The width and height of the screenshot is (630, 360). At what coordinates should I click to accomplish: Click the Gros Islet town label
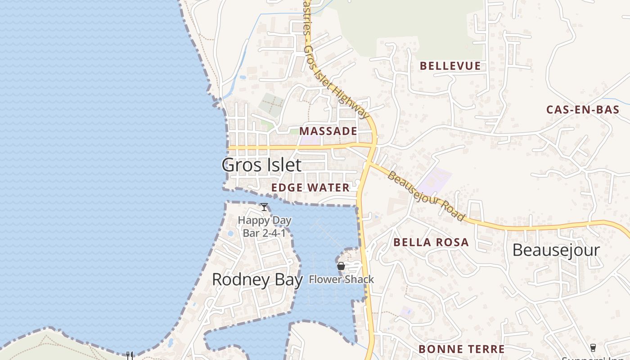pos(261,165)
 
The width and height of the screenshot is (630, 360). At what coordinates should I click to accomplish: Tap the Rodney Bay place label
pos(257,279)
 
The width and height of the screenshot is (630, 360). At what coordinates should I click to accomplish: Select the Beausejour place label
pos(556,250)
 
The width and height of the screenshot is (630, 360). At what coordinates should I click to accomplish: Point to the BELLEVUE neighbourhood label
pos(450,66)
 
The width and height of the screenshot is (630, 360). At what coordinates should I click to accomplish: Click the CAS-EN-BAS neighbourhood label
pos(582,109)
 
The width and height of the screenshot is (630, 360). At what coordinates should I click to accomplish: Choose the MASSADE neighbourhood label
pos(328,131)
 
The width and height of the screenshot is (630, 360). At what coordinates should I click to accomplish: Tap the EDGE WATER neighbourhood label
pos(310,188)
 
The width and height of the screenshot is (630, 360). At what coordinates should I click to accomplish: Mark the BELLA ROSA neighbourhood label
pos(431,243)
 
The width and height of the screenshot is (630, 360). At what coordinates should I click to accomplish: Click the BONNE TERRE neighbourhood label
pos(461,349)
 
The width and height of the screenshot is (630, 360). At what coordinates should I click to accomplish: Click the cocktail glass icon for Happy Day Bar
pos(264,207)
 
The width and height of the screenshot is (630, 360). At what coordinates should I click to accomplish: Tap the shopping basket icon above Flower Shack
pos(341,266)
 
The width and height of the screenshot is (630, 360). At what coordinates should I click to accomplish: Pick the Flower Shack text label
pos(341,279)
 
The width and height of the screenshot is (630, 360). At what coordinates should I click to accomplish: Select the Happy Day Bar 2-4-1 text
pos(264,227)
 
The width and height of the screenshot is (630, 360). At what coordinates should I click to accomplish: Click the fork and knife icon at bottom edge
pos(129,355)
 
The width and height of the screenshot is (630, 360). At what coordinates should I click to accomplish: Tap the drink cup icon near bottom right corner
pos(593,347)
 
